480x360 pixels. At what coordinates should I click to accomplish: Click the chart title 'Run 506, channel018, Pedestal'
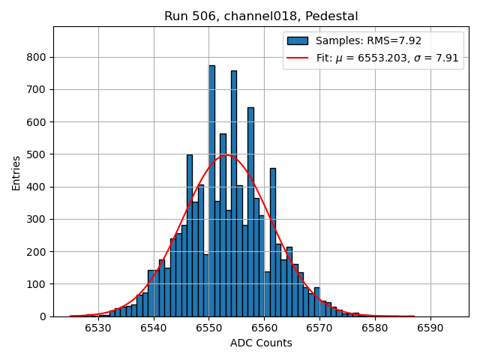[x=261, y=16]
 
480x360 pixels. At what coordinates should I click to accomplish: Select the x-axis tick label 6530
[x=98, y=328]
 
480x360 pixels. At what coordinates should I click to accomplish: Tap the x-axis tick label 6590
[x=430, y=328]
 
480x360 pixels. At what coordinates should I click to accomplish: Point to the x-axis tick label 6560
[x=264, y=328]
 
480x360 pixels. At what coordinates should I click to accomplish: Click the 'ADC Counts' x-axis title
[x=261, y=343]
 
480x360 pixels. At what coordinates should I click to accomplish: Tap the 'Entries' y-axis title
[x=16, y=172]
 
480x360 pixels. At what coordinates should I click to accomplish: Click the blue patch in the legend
[x=298, y=40]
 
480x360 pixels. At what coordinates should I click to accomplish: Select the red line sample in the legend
[x=298, y=58]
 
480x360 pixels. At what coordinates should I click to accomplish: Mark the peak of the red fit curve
[x=227, y=155]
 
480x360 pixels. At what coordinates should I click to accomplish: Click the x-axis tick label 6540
[x=154, y=328]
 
